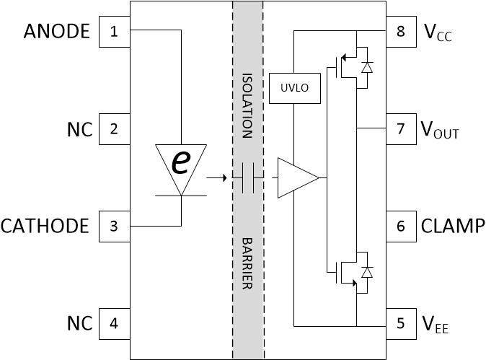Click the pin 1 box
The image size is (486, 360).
pos(114,32)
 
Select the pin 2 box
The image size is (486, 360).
pos(114,129)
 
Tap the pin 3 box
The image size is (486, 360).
pos(114,226)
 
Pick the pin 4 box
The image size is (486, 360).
pos(114,323)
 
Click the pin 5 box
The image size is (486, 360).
pos(401,323)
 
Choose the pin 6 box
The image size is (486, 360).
pos(401,226)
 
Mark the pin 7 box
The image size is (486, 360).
pos(401,129)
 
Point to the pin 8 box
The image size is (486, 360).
pos(401,32)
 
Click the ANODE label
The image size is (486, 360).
pos(56,32)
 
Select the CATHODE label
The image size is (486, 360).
pos(45,226)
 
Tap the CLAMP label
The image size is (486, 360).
pos(452,226)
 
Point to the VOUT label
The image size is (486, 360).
pos(439,131)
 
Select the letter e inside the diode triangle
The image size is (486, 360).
pos(178,163)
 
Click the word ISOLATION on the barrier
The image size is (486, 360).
pos(247,105)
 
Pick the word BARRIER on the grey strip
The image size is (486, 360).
pos(247,263)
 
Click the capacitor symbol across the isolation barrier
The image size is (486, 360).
pos(248,177)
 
